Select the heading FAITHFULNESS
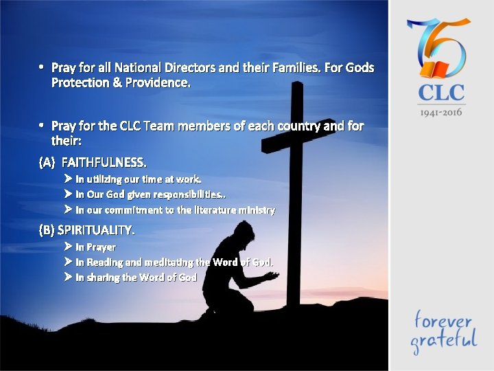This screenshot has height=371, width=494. click(104, 163)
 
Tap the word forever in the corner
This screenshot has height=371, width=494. click(442, 320)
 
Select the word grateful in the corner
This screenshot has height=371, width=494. click(443, 339)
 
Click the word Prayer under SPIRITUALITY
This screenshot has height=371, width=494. click(100, 247)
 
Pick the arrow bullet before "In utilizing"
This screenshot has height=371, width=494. click(68, 179)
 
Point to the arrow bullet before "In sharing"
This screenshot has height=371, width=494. click(68, 277)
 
